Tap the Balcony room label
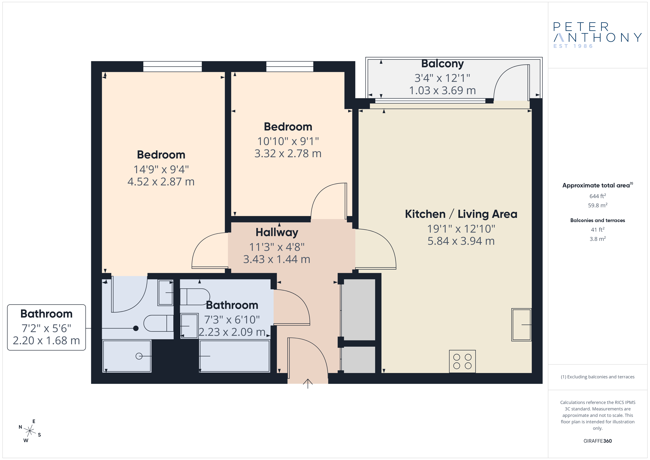tap(443, 64)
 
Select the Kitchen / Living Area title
tap(461, 214)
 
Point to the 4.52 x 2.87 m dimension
tap(161, 182)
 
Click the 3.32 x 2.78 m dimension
tap(288, 154)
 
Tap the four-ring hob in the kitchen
tap(462, 361)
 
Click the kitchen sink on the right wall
tap(521, 325)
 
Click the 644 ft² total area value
tap(598, 196)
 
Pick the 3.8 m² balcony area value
tap(598, 239)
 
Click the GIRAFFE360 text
tap(598, 441)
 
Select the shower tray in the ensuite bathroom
tap(127, 356)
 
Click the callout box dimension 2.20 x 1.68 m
tap(46, 340)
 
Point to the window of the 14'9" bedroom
tap(172, 67)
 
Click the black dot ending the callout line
tap(136, 328)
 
